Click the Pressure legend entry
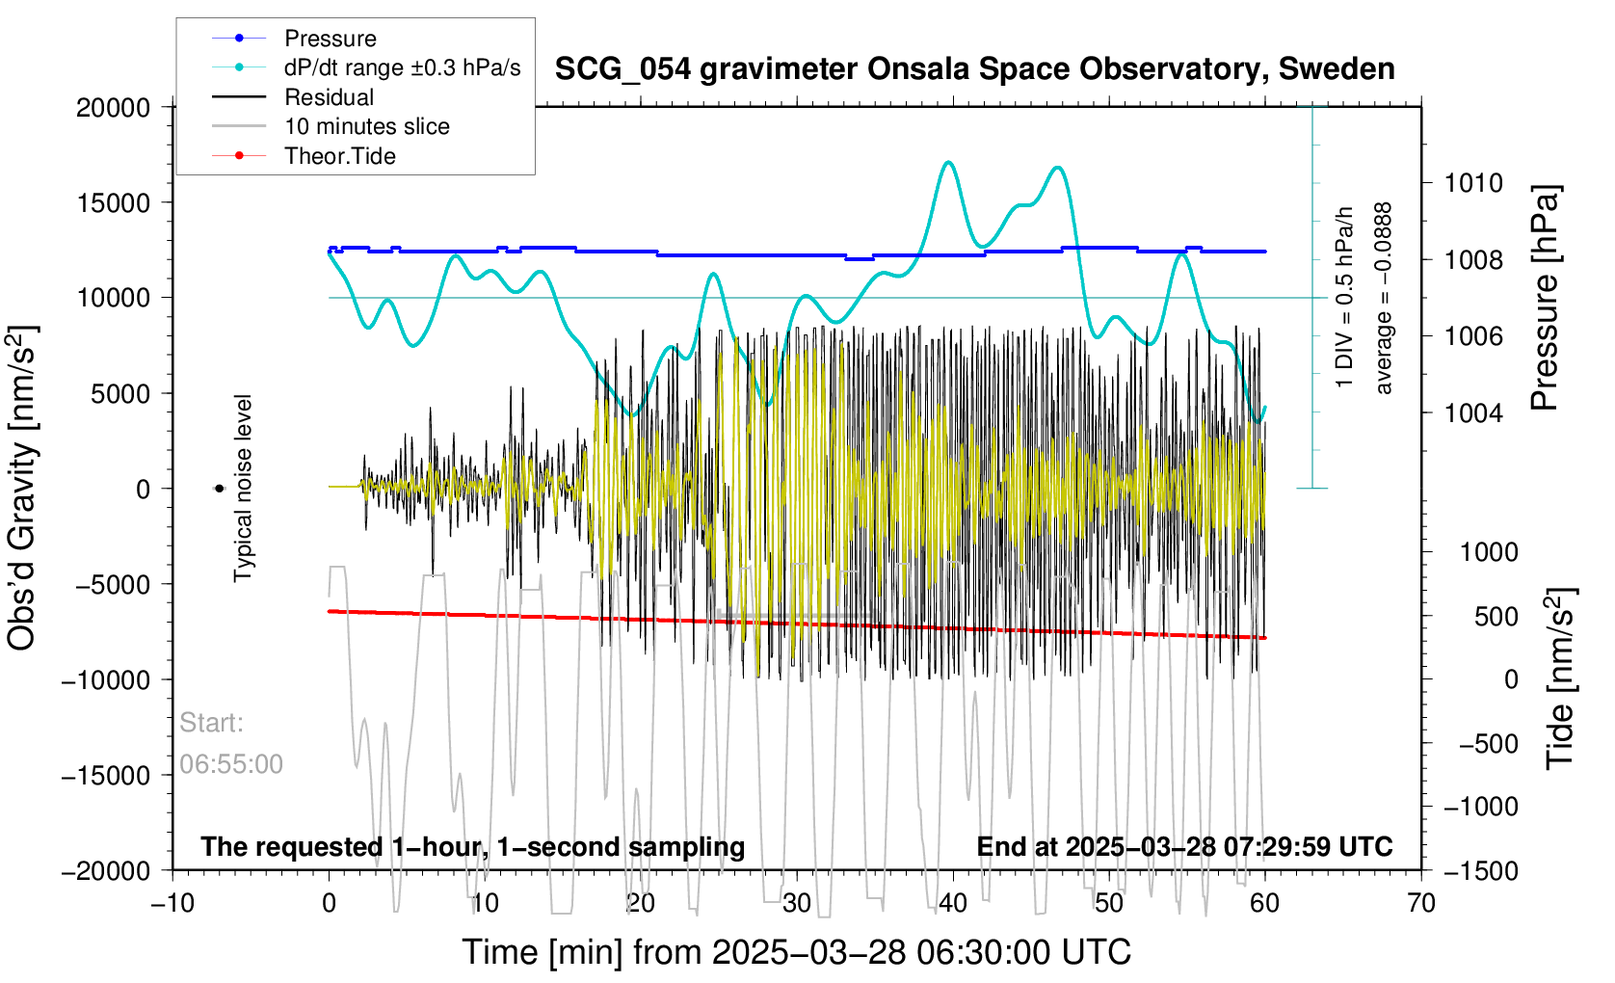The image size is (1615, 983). (x=330, y=39)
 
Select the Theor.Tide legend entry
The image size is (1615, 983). (x=339, y=156)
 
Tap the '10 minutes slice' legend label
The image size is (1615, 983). (x=366, y=126)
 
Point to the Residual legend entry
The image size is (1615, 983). (x=329, y=97)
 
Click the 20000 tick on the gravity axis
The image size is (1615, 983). (x=114, y=108)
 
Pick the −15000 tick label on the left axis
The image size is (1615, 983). (x=106, y=776)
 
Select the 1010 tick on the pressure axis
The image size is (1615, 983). (x=1473, y=183)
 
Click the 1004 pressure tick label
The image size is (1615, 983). (x=1473, y=413)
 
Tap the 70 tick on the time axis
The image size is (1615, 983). (x=1421, y=903)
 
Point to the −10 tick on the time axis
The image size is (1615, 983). (x=173, y=903)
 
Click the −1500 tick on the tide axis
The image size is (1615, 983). (x=1481, y=871)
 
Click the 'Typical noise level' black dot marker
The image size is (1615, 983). (x=219, y=489)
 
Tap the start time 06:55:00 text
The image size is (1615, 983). (x=231, y=764)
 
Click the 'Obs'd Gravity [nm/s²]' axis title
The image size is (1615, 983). (x=22, y=488)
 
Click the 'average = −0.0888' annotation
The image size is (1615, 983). (x=1384, y=298)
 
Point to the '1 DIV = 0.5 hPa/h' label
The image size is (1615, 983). (x=1344, y=298)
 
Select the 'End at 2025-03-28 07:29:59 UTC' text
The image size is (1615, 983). (x=1184, y=847)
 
